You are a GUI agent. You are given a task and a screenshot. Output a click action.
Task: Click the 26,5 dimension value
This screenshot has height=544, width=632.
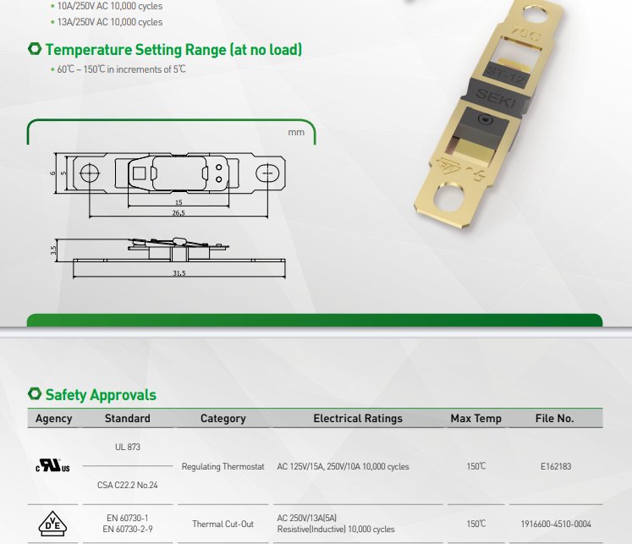point(179,212)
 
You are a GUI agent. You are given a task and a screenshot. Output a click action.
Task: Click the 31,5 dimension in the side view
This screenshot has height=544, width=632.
point(179,272)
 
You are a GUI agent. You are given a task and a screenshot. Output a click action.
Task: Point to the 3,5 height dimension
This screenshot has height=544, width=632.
point(53,250)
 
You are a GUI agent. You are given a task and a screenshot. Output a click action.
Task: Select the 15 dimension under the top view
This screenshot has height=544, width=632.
point(179,202)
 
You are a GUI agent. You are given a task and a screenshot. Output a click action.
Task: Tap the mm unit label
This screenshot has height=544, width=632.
point(296,132)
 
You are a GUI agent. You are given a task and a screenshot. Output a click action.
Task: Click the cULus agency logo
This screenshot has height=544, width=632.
point(52,465)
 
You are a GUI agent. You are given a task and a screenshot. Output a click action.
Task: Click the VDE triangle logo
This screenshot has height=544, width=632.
point(52,524)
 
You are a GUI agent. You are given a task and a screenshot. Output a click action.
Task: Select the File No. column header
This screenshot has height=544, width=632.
point(555,418)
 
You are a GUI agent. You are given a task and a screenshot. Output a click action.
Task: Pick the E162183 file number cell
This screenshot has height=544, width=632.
point(556,466)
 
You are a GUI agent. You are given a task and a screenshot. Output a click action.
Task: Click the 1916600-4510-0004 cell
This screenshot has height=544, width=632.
point(556,524)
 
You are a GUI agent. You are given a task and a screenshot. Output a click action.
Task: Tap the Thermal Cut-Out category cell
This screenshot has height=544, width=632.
point(223,524)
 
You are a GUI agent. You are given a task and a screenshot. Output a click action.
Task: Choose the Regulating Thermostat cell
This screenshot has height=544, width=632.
point(223,466)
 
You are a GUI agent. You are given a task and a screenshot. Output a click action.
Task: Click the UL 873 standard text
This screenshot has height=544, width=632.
point(128,447)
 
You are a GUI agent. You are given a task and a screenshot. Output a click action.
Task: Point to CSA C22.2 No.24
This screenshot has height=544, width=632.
point(128,485)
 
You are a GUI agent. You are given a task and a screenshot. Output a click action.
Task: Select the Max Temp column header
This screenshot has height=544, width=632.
point(476,418)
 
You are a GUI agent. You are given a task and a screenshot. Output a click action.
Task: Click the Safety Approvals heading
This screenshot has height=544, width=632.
point(101,395)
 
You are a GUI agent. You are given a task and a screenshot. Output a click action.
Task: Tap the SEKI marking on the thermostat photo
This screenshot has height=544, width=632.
point(496,98)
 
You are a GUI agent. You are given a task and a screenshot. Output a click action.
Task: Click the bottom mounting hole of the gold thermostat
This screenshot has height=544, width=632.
point(451,197)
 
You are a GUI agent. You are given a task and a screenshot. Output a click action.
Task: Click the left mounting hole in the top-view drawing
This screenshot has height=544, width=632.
point(90,173)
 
